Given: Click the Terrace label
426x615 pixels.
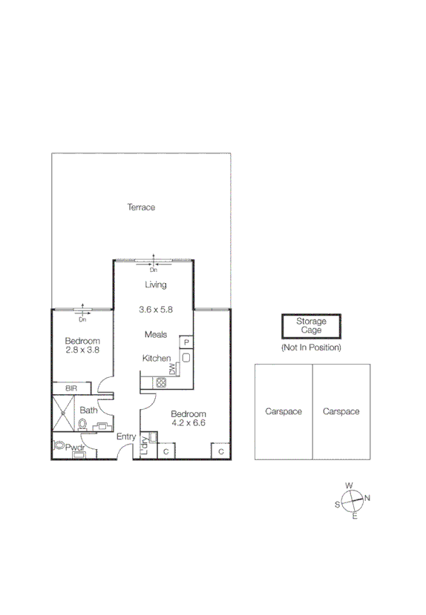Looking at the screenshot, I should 140,207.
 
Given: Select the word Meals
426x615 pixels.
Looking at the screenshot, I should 156,334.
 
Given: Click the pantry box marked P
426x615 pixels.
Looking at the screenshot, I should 186,342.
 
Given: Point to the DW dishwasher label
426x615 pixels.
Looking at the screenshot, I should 172,368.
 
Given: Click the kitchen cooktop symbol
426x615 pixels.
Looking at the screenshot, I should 160,382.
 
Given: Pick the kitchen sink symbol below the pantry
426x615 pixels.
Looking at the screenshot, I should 186,357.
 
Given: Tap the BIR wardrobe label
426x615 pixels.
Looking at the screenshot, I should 72,388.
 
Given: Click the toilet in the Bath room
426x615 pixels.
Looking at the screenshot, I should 82,424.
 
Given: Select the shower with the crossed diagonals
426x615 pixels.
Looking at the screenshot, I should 62,413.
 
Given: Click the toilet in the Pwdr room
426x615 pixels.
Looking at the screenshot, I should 59,447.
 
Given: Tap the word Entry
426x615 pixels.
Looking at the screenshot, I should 125,437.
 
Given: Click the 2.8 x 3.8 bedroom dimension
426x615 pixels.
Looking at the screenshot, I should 82,350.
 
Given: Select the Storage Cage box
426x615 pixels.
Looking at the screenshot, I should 311,326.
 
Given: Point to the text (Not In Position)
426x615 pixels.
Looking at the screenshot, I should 311,348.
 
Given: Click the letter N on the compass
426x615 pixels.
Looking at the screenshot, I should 367,497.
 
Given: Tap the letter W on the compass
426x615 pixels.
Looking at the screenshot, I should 349,486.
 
